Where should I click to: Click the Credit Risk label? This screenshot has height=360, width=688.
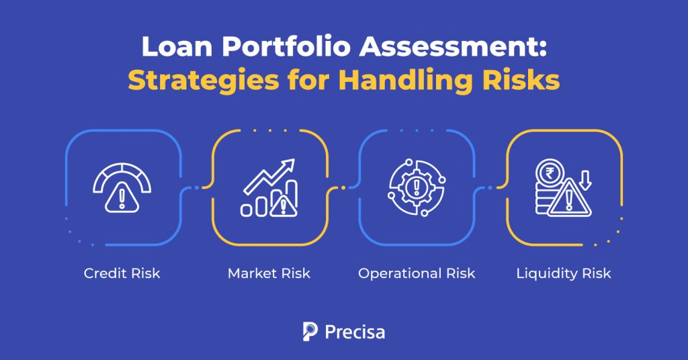pyautogui.click(x=122, y=274)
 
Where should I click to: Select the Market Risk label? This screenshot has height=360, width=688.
pyautogui.click(x=269, y=274)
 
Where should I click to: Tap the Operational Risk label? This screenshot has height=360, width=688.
pyautogui.click(x=417, y=274)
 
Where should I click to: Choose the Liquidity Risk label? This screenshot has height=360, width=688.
pyautogui.click(x=564, y=274)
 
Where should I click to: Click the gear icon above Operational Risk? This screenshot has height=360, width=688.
pyautogui.click(x=416, y=186)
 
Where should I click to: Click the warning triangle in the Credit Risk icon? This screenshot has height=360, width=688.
pyautogui.click(x=122, y=198)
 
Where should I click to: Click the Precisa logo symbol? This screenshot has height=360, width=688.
pyautogui.click(x=310, y=332)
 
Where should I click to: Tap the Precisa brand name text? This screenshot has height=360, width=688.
pyautogui.click(x=354, y=332)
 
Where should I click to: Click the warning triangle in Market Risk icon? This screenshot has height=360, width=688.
pyautogui.click(x=284, y=206)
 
